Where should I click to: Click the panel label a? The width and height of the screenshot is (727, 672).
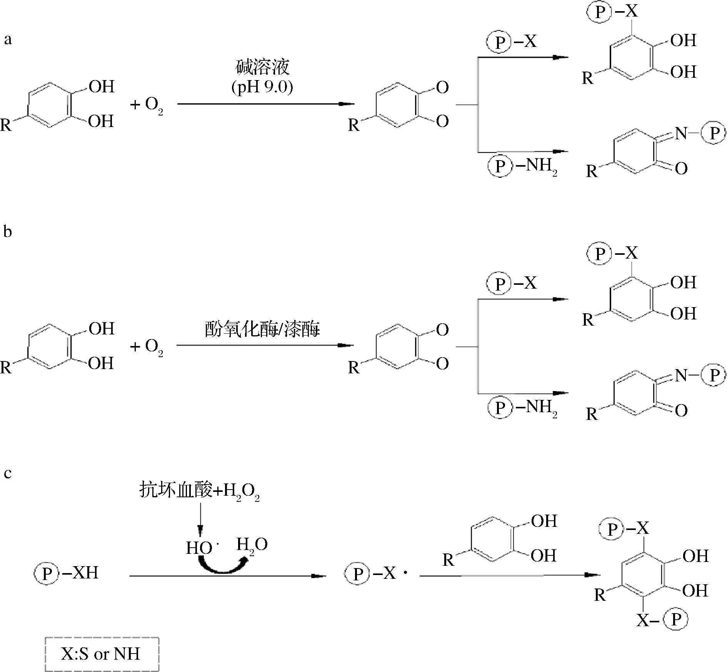(x=8, y=39)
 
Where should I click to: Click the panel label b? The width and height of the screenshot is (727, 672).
(x=8, y=232)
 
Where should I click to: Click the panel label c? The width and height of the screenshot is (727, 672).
(x=8, y=473)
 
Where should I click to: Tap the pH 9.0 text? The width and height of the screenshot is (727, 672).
(x=262, y=87)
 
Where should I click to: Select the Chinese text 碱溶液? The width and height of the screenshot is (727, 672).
(x=262, y=67)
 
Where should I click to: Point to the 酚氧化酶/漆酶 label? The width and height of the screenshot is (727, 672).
(x=262, y=329)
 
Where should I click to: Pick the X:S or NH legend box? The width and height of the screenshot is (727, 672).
(x=102, y=654)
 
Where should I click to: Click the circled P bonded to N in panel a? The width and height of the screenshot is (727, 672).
(x=714, y=133)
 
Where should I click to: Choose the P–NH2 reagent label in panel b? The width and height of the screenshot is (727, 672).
(x=522, y=407)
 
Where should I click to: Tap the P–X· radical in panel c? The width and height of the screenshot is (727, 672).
(x=376, y=573)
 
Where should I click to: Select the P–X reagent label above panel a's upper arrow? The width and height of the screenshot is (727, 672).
(x=512, y=42)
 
